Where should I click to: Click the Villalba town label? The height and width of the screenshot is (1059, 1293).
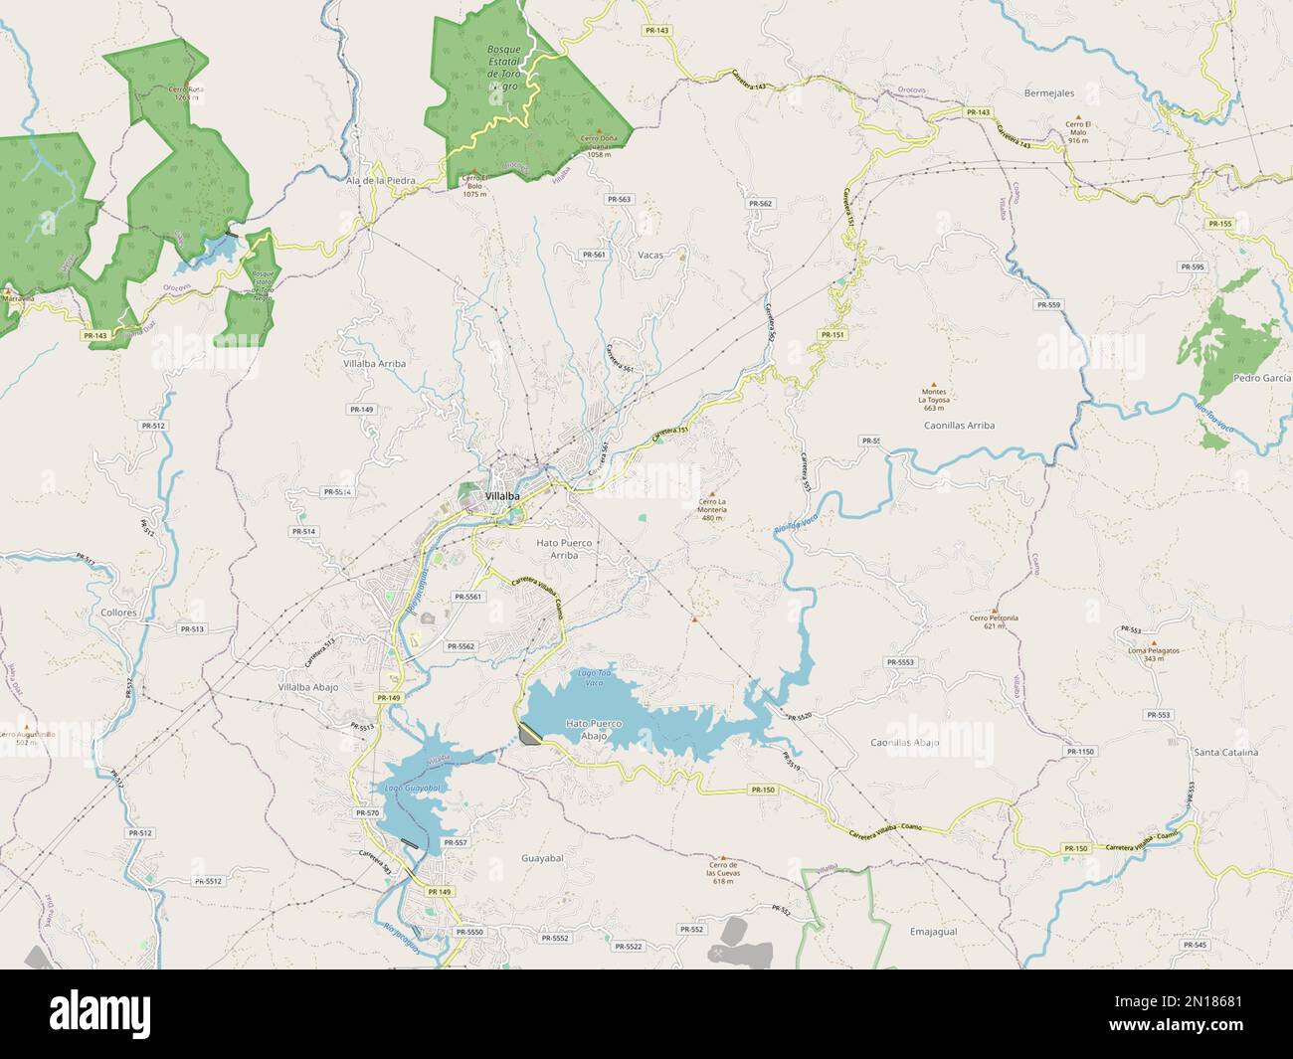[504, 495]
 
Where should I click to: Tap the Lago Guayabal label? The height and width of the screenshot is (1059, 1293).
[412, 788]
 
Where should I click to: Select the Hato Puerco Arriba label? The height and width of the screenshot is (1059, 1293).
[564, 549]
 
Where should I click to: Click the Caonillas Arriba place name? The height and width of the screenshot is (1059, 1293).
[960, 425]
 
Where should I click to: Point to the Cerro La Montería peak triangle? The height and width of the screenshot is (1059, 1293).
[711, 493]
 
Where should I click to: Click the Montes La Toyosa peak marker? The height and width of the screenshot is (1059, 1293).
[933, 384]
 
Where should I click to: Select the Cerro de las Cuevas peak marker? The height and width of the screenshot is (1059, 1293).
[723, 856]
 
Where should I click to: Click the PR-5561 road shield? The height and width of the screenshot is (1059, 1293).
[467, 597]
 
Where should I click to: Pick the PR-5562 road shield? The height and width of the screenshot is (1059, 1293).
[461, 646]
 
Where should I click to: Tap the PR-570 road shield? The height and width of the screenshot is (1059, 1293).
[367, 813]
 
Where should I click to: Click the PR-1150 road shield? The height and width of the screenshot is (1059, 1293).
[1081, 752]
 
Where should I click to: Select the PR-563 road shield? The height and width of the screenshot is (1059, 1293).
[619, 199]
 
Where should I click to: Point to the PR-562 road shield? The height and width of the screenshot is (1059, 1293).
[760, 203]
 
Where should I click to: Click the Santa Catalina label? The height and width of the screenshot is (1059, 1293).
[1225, 752]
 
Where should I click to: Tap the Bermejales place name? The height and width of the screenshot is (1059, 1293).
[1048, 92]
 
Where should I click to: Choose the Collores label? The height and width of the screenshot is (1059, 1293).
[118, 614]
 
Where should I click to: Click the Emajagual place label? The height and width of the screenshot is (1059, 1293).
[933, 932]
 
